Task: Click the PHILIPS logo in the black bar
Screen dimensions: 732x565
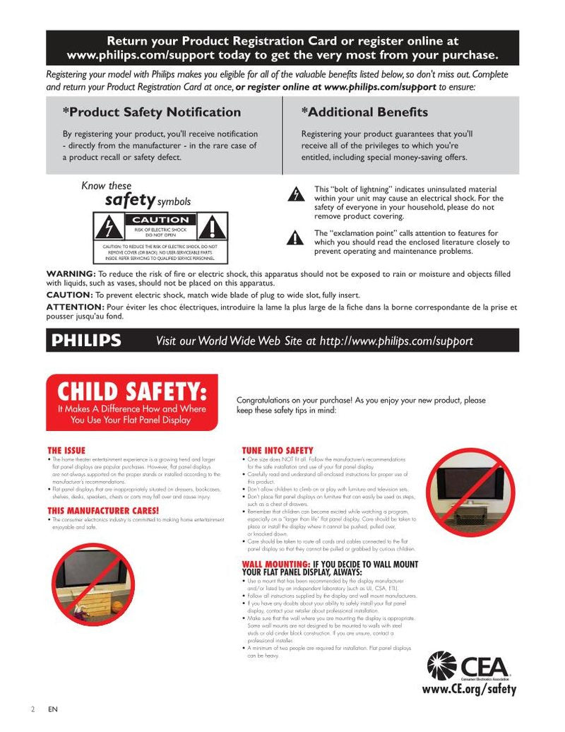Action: pyautogui.click(x=86, y=341)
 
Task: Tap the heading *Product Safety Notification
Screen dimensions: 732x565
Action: pyautogui.click(x=152, y=112)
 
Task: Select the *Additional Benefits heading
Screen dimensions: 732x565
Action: pyautogui.click(x=364, y=112)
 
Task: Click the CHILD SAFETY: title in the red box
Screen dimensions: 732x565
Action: pyautogui.click(x=132, y=391)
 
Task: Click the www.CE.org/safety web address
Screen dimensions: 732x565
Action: pyautogui.click(x=469, y=689)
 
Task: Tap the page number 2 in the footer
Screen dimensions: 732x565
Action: pyautogui.click(x=32, y=709)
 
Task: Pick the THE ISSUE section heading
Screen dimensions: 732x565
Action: pyautogui.click(x=66, y=450)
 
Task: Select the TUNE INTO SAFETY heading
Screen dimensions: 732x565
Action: pyautogui.click(x=278, y=450)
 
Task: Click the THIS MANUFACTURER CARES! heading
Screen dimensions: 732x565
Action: pyautogui.click(x=103, y=510)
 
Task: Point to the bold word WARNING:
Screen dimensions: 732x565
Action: pyautogui.click(x=71, y=273)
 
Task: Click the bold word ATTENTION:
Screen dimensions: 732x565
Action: pyautogui.click(x=75, y=307)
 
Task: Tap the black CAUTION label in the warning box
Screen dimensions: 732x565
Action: pyautogui.click(x=161, y=220)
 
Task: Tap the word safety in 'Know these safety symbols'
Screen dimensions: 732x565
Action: pyautogui.click(x=130, y=200)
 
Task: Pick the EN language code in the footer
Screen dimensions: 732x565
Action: pyautogui.click(x=53, y=709)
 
